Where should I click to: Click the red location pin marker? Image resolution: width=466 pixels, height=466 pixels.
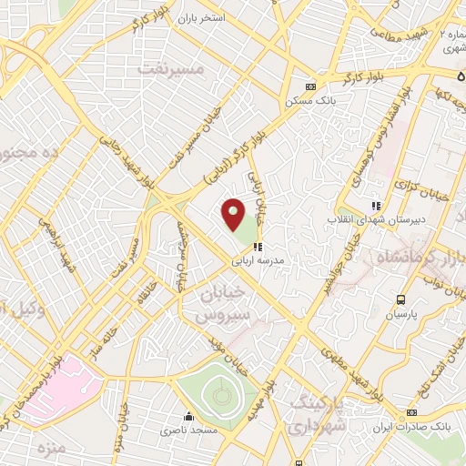click(234, 213)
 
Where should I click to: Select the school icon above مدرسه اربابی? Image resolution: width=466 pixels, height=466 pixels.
click(259, 246)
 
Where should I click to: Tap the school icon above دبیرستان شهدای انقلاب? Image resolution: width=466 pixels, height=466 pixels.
click(375, 206)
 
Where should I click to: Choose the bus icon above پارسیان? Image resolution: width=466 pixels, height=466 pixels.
click(400, 299)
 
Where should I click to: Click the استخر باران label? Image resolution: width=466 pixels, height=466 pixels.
click(199, 17)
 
